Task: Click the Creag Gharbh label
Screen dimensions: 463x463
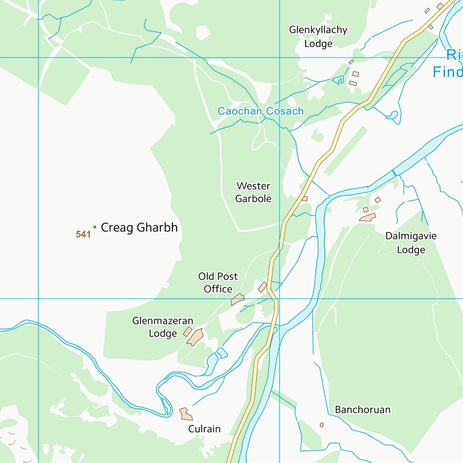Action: [139, 228]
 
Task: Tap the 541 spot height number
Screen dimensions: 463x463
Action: [83, 234]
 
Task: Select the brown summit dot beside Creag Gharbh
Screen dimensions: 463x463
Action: [95, 227]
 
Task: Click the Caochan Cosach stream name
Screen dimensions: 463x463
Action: [260, 112]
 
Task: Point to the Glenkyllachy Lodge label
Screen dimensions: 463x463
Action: [318, 36]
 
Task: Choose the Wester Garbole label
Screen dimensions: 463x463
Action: [253, 192]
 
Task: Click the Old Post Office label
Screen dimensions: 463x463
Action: [218, 283]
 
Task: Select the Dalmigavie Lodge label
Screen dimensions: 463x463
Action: [411, 243]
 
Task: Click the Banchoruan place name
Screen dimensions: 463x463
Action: [362, 410]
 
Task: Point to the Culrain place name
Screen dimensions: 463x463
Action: [204, 429]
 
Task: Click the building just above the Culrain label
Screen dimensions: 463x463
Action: [186, 414]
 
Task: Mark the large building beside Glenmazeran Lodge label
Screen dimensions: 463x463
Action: [195, 337]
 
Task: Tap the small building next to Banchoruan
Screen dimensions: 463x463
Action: [321, 424]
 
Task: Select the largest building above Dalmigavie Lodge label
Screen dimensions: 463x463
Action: [367, 217]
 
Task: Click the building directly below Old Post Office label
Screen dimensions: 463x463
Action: [238, 299]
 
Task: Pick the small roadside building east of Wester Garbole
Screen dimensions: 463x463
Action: [305, 198]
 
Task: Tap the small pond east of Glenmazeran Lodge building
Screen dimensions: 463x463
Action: [222, 353]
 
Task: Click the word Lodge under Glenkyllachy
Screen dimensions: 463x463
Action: [318, 43]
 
